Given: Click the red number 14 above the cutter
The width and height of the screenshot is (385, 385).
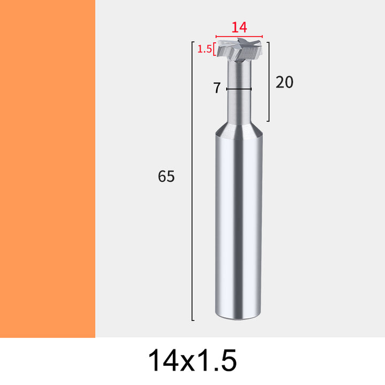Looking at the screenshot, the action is [239, 27].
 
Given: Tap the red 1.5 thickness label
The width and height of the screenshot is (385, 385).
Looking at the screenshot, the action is [204, 49].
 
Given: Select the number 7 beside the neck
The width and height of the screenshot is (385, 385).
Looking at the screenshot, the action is [217, 88].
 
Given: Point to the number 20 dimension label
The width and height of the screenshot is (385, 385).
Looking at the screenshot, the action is [284, 82].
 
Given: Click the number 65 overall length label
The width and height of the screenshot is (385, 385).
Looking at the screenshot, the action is [166, 176].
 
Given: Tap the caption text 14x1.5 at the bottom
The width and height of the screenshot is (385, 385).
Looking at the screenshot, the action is [192, 360].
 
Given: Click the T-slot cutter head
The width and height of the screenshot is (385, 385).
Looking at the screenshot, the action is [240, 50].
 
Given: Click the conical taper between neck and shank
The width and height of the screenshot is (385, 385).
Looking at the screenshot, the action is [239, 129].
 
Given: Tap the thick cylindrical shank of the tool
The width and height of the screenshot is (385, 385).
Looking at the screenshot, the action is [239, 226].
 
